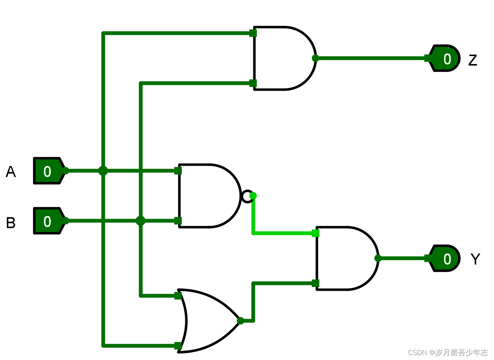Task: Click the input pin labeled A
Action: tap(47, 171)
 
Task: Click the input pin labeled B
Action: tap(47, 221)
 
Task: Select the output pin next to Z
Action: tap(446, 58)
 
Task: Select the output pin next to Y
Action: tap(446, 258)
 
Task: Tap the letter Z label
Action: tap(472, 60)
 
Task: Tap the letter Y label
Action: tap(475, 259)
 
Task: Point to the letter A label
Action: tap(11, 172)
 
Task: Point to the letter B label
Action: tap(11, 222)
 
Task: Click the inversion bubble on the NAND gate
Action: tap(247, 196)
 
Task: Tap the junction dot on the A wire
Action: tap(103, 171)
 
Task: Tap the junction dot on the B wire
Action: tap(141, 221)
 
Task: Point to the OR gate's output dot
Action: tap(240, 321)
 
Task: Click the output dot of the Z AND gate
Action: tap(315, 58)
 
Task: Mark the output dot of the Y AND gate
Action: tap(378, 258)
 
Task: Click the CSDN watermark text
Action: tap(448, 352)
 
